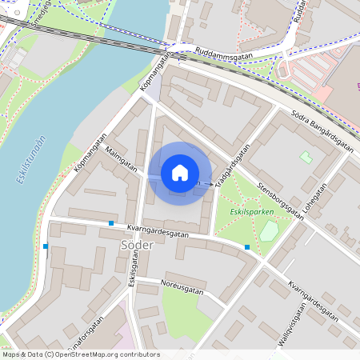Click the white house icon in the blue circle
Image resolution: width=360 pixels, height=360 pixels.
[180, 173]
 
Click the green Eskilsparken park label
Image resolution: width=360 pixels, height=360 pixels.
[251, 212]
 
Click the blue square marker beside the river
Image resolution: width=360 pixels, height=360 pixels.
[46, 246]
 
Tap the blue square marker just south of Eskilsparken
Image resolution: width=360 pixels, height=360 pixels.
[247, 247]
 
